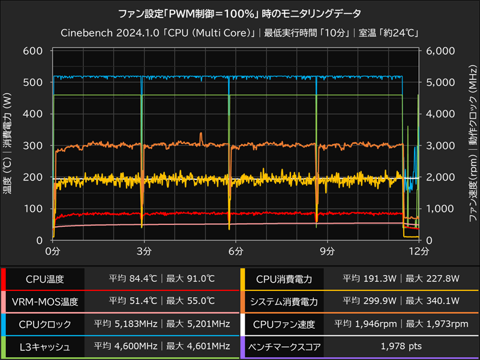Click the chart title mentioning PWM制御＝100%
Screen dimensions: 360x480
(x=240, y=12)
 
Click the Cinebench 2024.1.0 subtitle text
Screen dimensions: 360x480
(x=240, y=32)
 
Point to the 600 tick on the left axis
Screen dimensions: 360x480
(x=34, y=51)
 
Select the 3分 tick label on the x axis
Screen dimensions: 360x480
(x=142, y=251)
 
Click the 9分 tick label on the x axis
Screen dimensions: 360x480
(x=327, y=251)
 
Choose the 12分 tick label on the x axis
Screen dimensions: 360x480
(x=418, y=251)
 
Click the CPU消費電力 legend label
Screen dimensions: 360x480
(x=284, y=279)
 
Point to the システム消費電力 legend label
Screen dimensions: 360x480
(x=284, y=301)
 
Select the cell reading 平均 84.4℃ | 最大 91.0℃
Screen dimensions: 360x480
(x=161, y=279)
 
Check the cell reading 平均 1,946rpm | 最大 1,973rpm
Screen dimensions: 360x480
(x=400, y=324)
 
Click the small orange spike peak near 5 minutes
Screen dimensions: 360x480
(x=201, y=133)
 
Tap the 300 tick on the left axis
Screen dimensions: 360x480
(x=34, y=146)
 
